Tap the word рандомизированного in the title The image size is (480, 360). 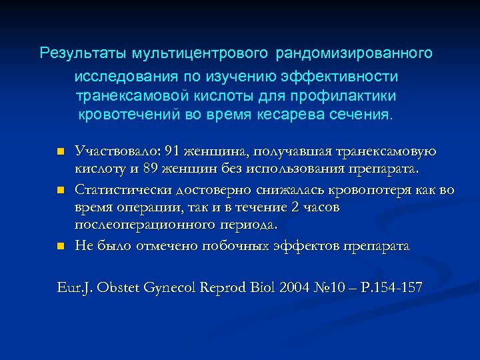click(354, 52)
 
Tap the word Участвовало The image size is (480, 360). click(110, 151)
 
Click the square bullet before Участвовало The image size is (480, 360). click(60, 152)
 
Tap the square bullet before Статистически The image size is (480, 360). click(60, 191)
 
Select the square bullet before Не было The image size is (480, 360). click(60, 247)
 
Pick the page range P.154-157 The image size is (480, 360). click(387, 288)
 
